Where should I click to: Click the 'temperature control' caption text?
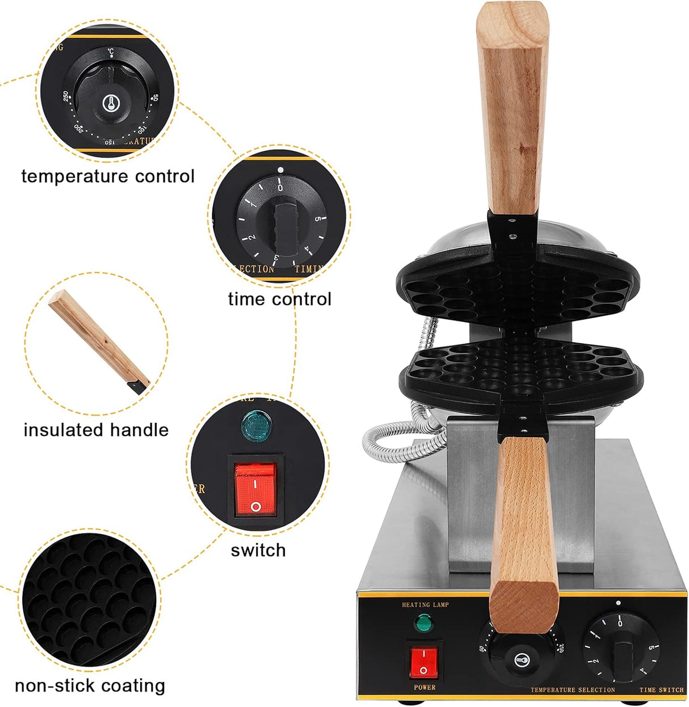[108, 176]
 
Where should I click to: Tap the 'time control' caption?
[279, 299]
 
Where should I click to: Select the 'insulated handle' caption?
[96, 430]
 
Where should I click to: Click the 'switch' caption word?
[258, 550]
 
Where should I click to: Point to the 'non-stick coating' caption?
[90, 685]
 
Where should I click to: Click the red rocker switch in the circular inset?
[255, 489]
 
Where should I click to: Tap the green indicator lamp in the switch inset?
[256, 426]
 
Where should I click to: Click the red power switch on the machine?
[423, 661]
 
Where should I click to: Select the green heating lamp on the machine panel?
[423, 624]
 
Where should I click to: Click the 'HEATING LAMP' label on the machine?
[425, 605]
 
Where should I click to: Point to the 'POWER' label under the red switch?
[425, 687]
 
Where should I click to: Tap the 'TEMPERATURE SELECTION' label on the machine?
[572, 690]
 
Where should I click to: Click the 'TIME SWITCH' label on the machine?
[661, 690]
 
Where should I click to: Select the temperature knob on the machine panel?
[522, 659]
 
